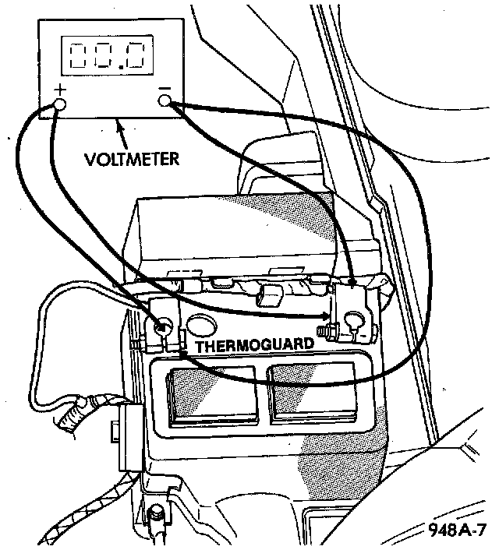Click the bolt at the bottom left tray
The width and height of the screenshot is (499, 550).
pyautogui.click(x=156, y=515)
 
